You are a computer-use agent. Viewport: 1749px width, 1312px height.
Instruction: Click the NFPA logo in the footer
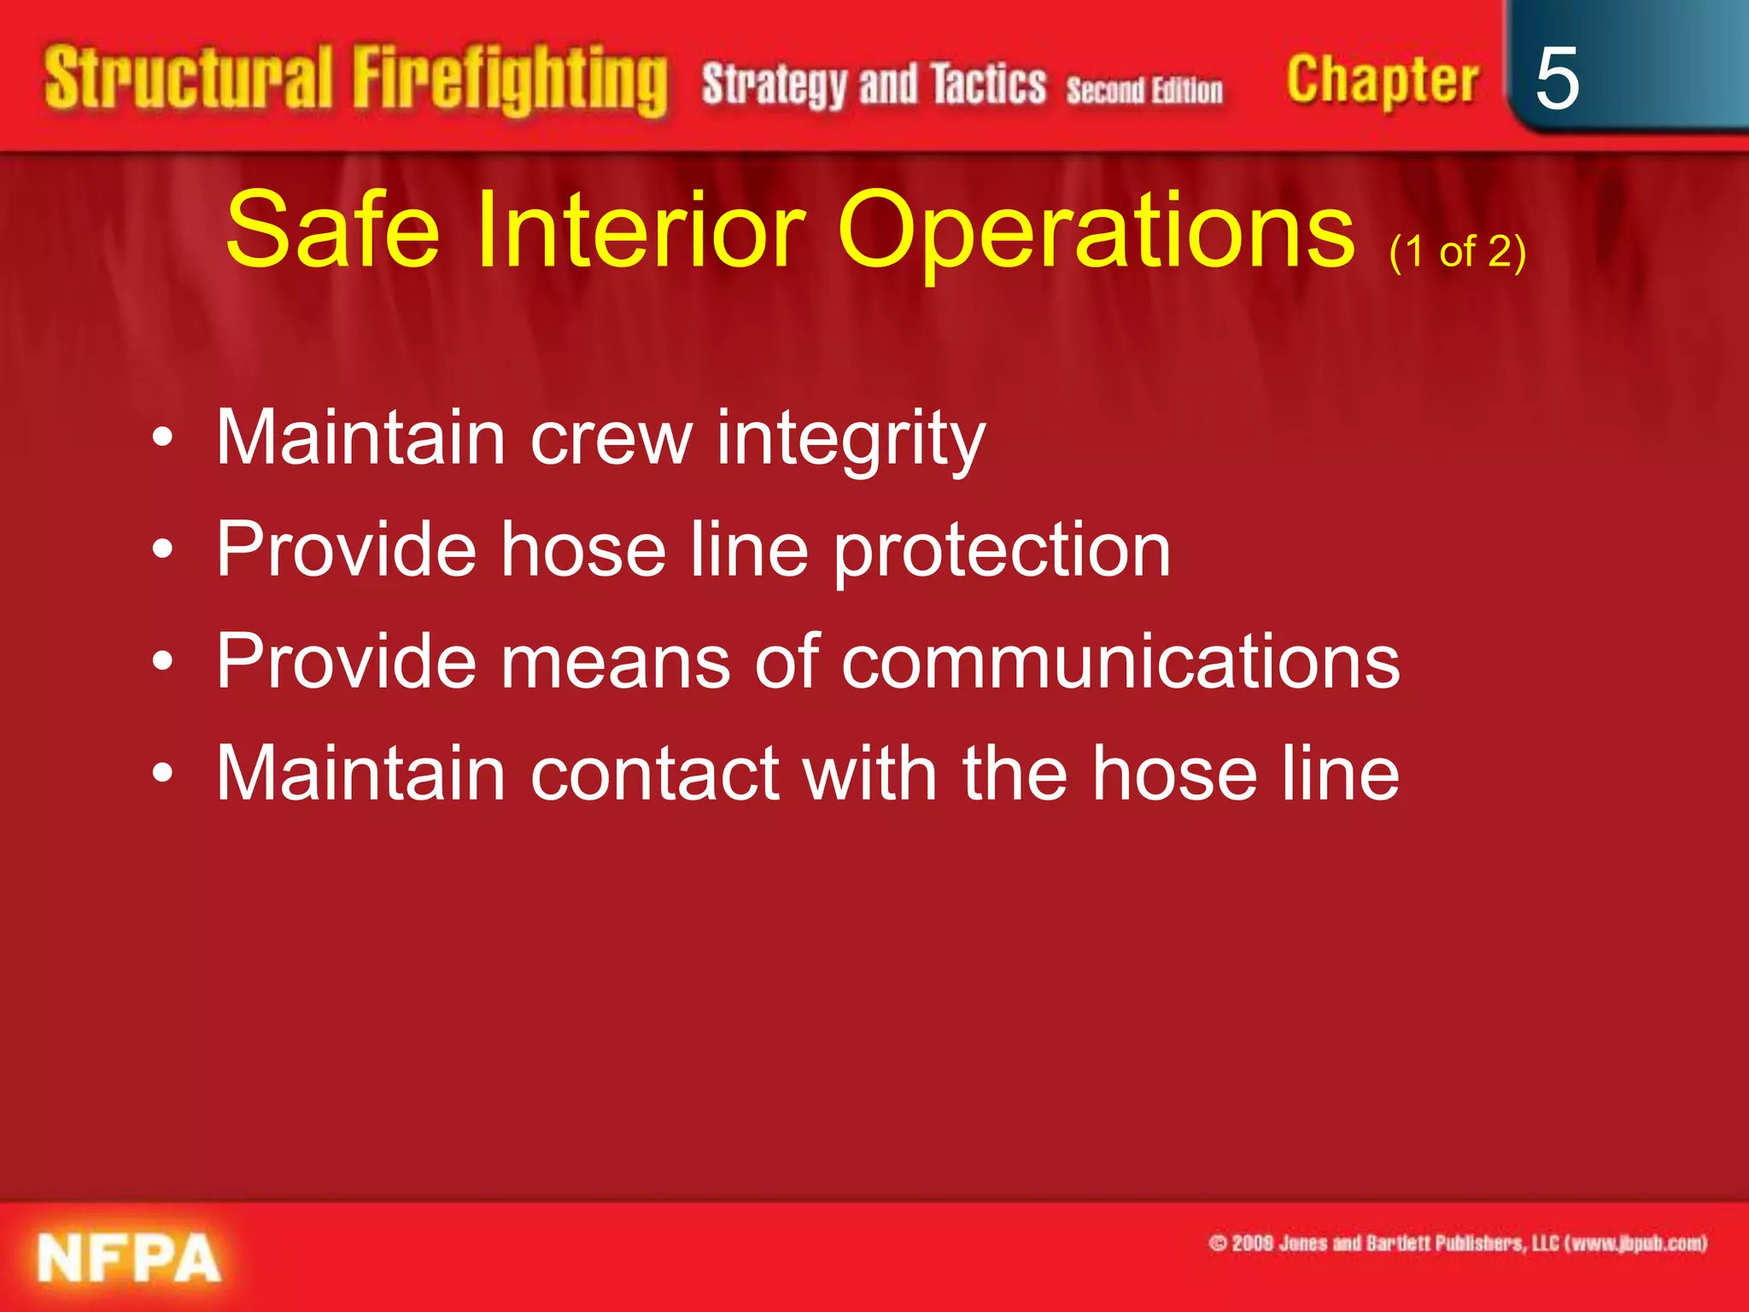[x=129, y=1259]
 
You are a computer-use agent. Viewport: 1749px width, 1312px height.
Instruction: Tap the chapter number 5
[x=1556, y=79]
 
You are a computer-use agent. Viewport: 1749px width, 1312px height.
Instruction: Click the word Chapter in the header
[x=1382, y=81]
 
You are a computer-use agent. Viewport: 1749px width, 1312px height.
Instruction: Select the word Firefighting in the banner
[x=510, y=81]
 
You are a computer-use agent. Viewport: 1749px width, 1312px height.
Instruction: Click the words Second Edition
[x=1144, y=90]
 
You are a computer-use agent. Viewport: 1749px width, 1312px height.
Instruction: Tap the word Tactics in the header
[x=988, y=85]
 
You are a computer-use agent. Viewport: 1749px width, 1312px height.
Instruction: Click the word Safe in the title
[x=332, y=230]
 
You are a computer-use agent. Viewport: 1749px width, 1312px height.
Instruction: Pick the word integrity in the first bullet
[x=851, y=438]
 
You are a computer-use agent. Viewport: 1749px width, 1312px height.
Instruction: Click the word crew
[x=611, y=438]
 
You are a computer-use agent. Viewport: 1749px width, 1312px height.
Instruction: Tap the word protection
[x=1002, y=551]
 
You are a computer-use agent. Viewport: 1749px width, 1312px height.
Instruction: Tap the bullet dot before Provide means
[x=163, y=662]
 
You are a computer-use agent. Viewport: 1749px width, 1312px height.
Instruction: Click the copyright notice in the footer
[x=1457, y=1243]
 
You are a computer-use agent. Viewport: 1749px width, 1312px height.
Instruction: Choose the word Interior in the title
[x=639, y=230]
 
